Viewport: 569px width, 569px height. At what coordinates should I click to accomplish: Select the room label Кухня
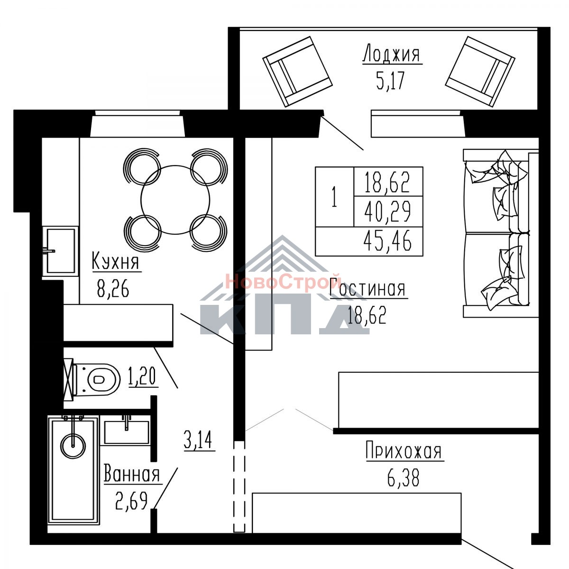pyautogui.click(x=115, y=260)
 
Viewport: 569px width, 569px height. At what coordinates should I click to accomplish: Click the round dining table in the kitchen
pyautogui.click(x=175, y=200)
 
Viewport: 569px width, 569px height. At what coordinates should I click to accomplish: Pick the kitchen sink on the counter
pyautogui.click(x=60, y=251)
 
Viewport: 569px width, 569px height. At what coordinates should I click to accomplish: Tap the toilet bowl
pyautogui.click(x=97, y=379)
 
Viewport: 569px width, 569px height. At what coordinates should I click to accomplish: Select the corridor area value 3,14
pyautogui.click(x=198, y=440)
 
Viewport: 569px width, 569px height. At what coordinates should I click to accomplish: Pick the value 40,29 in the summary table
pyautogui.click(x=387, y=211)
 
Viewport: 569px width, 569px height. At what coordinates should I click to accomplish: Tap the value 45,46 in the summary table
pyautogui.click(x=387, y=241)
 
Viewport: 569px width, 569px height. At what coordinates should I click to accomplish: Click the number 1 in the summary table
pyautogui.click(x=334, y=197)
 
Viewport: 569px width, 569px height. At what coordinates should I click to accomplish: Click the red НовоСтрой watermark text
pyautogui.click(x=283, y=281)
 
